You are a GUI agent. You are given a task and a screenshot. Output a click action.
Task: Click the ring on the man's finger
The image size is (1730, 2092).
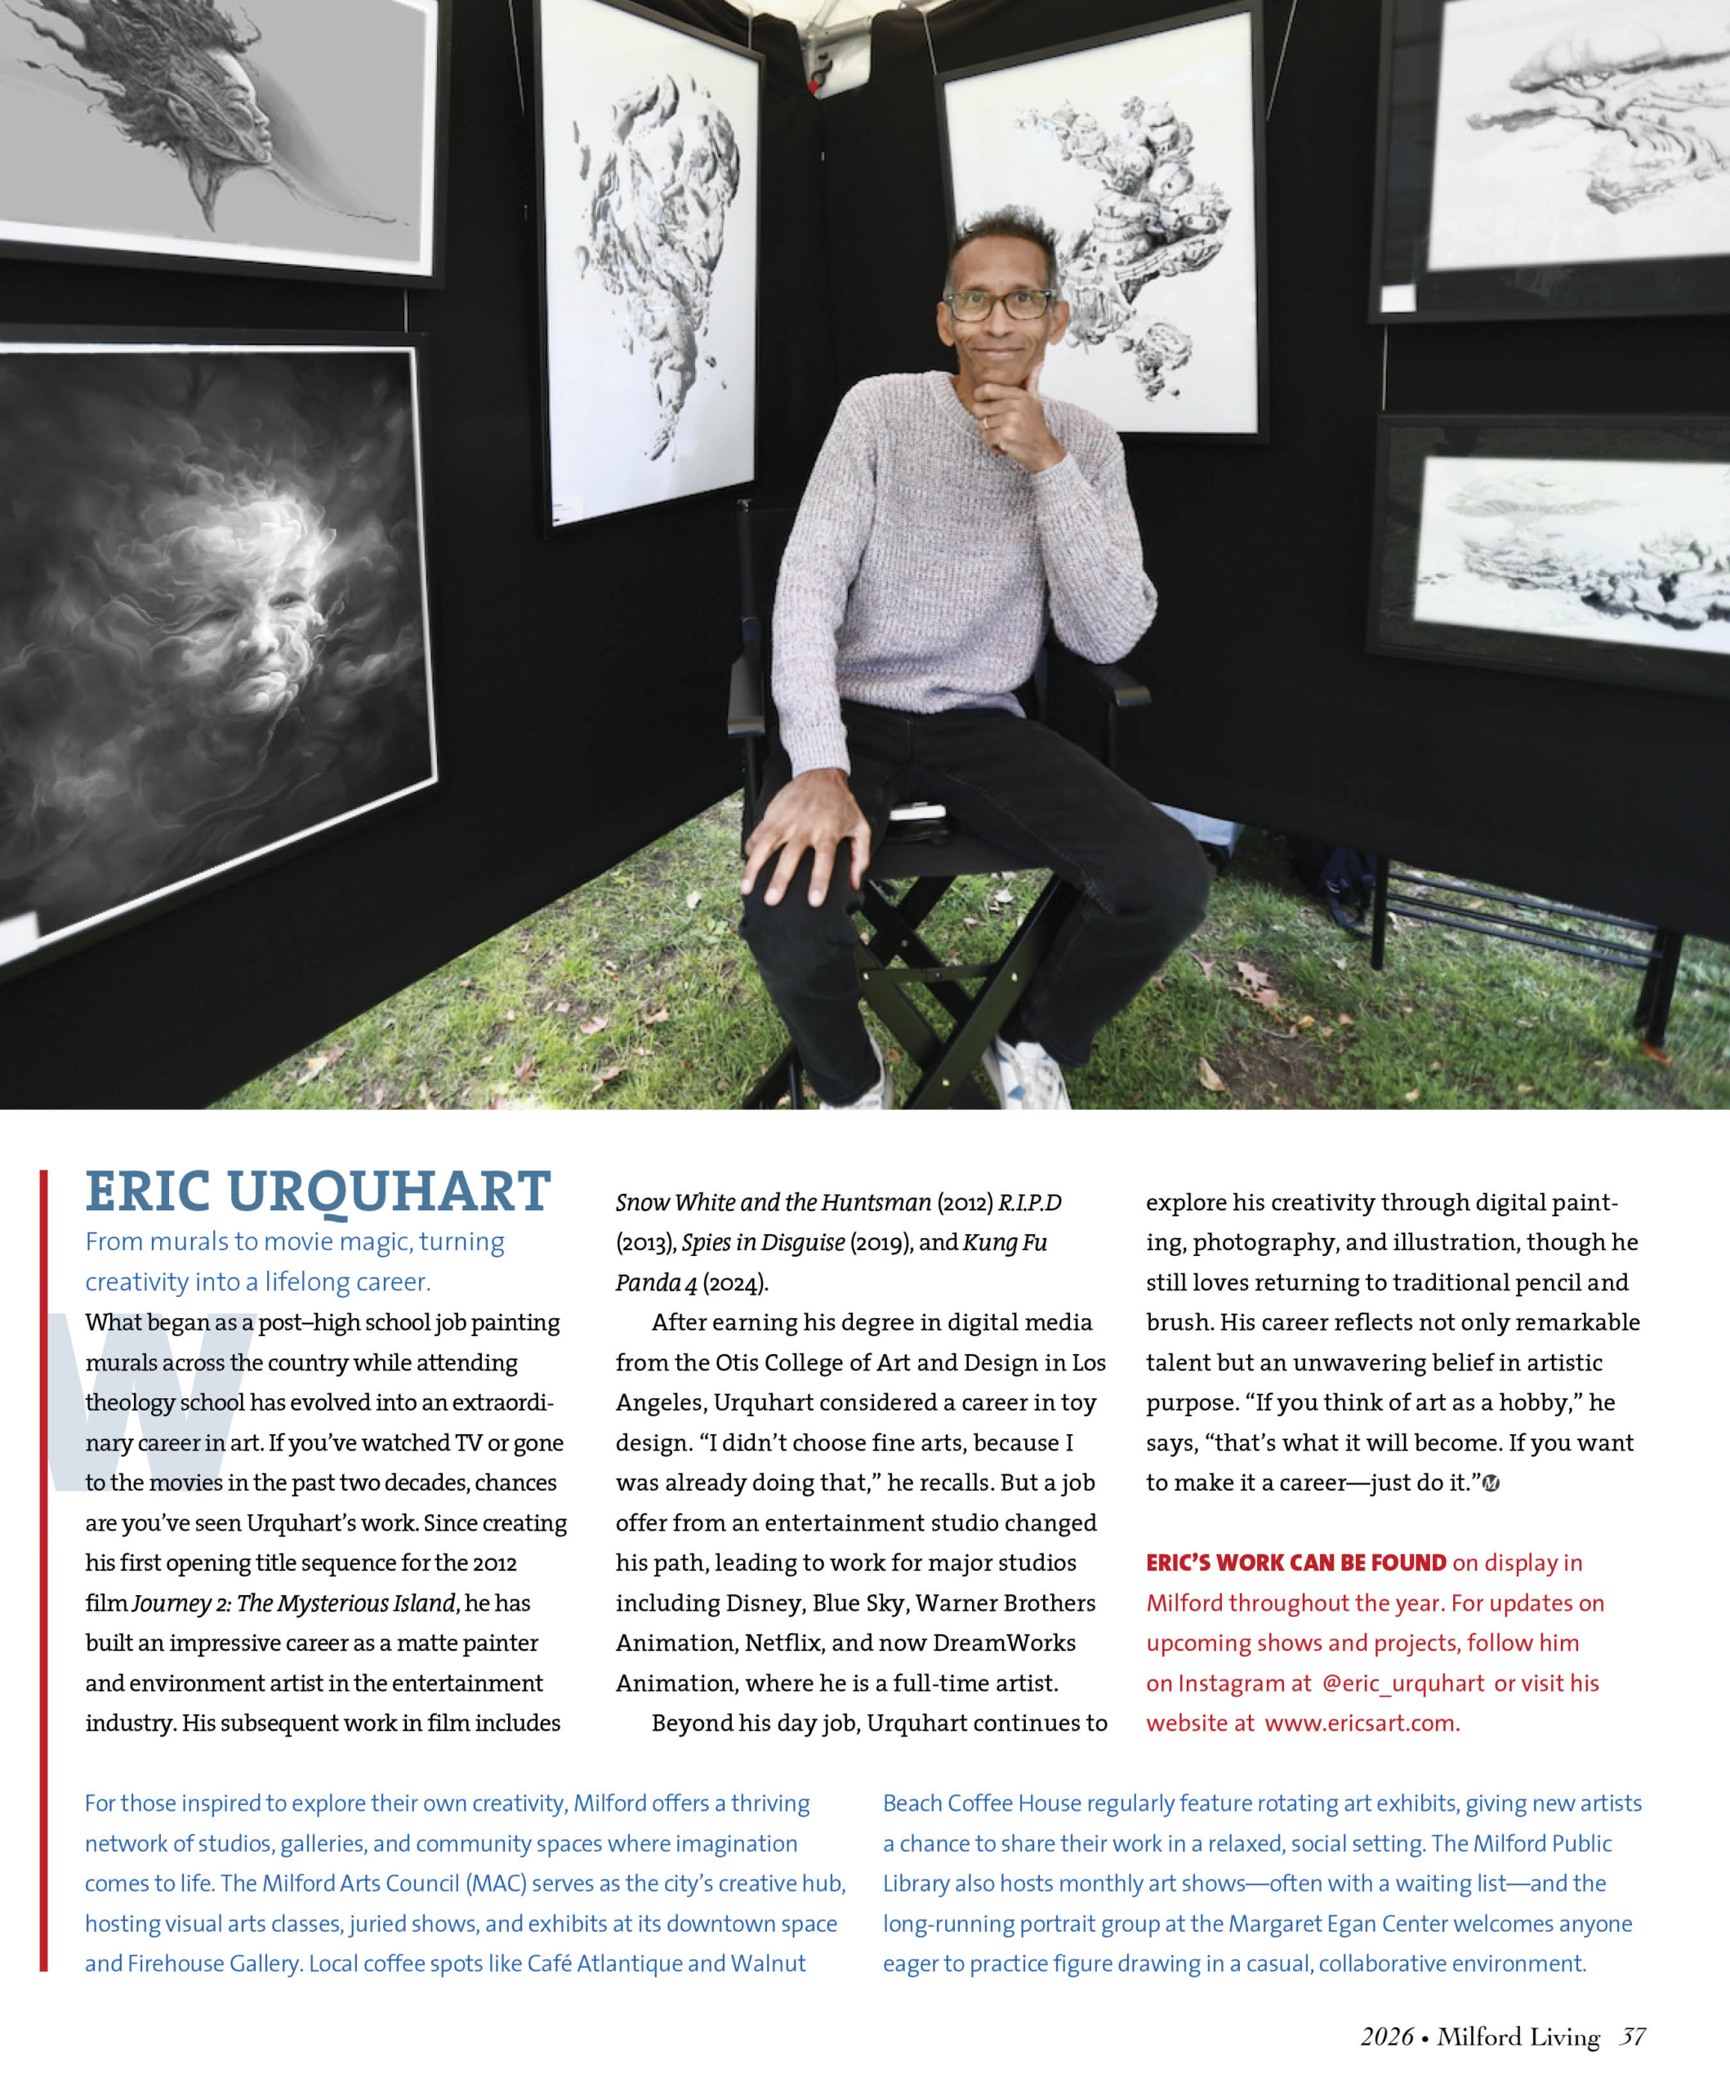(x=986, y=422)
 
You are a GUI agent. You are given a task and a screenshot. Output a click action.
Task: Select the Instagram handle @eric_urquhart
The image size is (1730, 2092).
(x=1402, y=1683)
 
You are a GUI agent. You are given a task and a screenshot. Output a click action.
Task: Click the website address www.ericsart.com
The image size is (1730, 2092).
(x=1361, y=1723)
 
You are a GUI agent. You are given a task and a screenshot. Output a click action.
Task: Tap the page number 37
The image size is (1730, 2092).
(x=1631, y=2037)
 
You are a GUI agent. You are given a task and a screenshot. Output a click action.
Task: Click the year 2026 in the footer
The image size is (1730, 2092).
(x=1386, y=2037)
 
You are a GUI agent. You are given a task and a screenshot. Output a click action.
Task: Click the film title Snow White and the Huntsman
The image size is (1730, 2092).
(x=773, y=1202)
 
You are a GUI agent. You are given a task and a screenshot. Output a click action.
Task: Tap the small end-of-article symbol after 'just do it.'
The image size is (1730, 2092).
(x=1490, y=1483)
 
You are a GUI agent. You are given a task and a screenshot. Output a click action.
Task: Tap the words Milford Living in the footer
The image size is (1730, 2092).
(x=1518, y=2037)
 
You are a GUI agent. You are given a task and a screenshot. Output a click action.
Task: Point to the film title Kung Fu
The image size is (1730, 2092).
(x=1005, y=1242)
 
